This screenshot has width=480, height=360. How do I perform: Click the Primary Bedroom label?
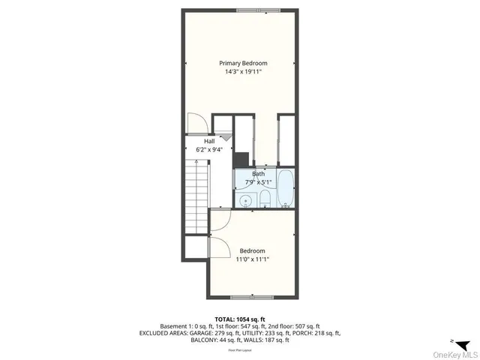[x=243, y=63]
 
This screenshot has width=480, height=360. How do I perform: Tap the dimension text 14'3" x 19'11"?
[x=243, y=72]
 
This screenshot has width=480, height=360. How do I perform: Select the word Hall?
[x=199, y=140]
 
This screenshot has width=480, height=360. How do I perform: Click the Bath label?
[x=258, y=173]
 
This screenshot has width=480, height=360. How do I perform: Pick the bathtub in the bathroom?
[x=286, y=191]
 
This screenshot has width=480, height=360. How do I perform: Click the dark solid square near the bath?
[x=241, y=158]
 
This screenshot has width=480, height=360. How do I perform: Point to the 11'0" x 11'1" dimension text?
[x=253, y=259]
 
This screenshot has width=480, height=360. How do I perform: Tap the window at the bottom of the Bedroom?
[x=253, y=298]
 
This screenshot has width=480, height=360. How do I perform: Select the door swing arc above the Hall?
[x=196, y=122]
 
